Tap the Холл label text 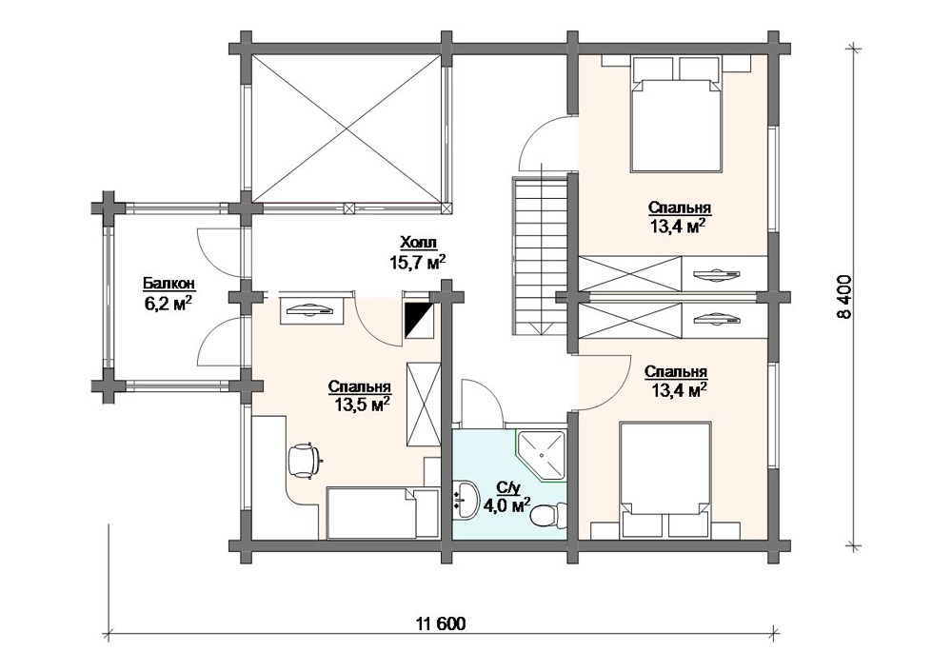coord(418,243)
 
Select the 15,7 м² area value coord(418,262)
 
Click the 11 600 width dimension coord(442,624)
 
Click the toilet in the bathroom coord(544,517)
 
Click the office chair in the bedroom coord(305,460)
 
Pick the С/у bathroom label coord(506,486)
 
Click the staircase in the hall coord(540,255)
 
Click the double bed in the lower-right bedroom coord(664,480)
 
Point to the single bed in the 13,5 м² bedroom coord(382,512)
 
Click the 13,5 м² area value coord(362,405)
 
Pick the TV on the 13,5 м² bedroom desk coord(310,311)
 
